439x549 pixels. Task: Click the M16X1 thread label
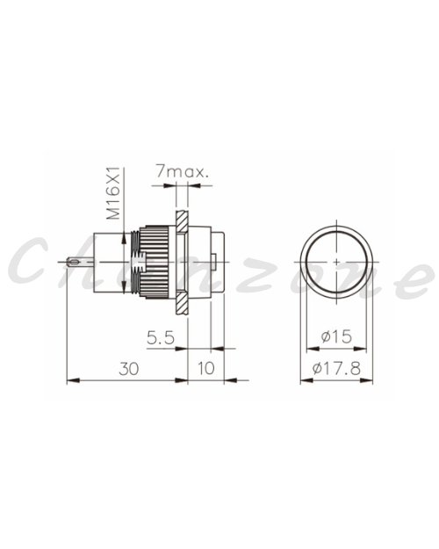[x=113, y=193]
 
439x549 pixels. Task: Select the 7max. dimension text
[x=182, y=172]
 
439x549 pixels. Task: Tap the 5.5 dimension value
[x=161, y=338]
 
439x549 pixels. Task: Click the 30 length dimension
[x=129, y=369]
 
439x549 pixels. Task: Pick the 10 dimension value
[x=205, y=368]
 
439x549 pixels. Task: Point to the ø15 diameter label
[x=336, y=336]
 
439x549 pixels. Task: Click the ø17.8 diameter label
[x=336, y=368]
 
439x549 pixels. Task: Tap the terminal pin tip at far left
[x=68, y=261]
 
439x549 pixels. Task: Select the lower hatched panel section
[x=182, y=303]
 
